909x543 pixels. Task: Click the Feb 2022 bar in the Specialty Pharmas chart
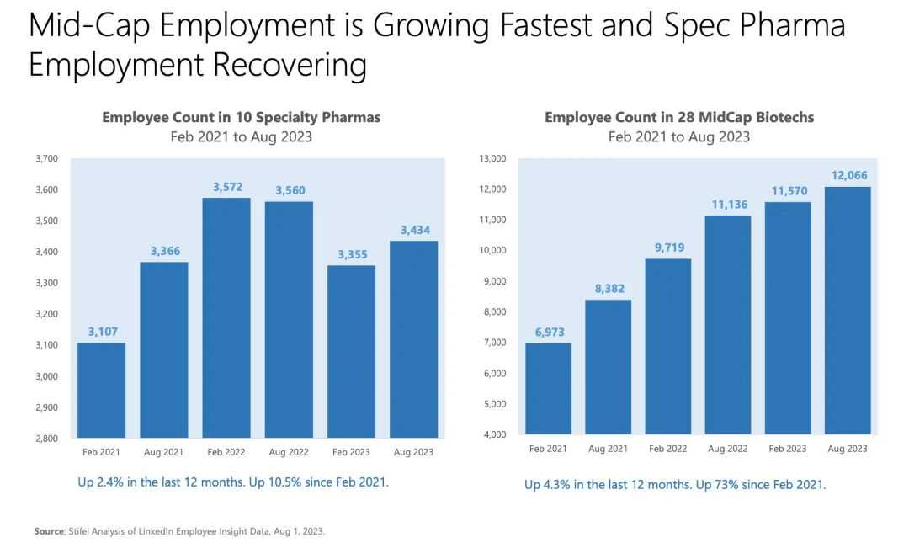click(226, 318)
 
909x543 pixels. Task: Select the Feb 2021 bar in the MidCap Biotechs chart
click(549, 389)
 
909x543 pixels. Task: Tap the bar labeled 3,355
click(351, 352)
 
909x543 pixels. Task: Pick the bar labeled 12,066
click(848, 311)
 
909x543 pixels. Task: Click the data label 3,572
click(228, 187)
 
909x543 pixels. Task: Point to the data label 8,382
click(610, 288)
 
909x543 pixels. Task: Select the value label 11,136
click(730, 205)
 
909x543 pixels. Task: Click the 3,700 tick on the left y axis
click(47, 158)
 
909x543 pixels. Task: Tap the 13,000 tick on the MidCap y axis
click(492, 158)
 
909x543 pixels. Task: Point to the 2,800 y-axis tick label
click(47, 439)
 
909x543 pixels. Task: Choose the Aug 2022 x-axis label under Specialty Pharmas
click(289, 452)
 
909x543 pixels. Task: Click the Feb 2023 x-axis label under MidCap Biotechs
click(788, 449)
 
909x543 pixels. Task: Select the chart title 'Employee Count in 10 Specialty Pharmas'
click(242, 117)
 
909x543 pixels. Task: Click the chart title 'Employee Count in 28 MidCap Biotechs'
click(679, 117)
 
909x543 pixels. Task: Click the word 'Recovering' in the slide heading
click(290, 64)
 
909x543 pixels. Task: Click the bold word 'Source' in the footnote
click(49, 531)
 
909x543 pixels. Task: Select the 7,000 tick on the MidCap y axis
click(495, 343)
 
